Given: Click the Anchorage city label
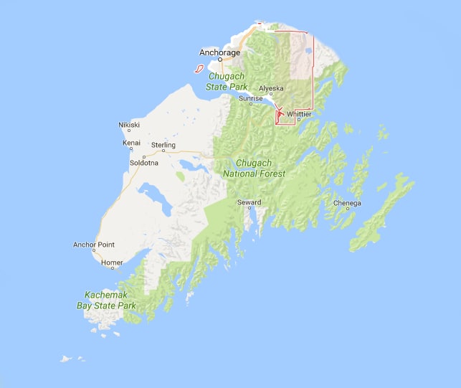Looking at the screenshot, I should (220, 52).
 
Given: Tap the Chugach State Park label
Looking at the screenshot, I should (226, 81).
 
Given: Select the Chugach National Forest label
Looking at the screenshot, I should (254, 169).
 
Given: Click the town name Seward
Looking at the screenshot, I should (249, 202).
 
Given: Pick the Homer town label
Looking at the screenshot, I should (112, 262).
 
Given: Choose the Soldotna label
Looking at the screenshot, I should (143, 163).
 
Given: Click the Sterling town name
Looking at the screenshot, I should (163, 146).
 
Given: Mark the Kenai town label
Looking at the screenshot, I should (131, 143).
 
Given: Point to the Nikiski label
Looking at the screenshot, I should (129, 125).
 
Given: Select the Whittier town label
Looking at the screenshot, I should (298, 114).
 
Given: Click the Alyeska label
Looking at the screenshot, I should (271, 88).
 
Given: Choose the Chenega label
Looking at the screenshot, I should (346, 203).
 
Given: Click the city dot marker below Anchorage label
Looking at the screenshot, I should (220, 60).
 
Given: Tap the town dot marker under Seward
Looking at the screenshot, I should (249, 209).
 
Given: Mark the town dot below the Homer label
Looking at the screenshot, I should (112, 269).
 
